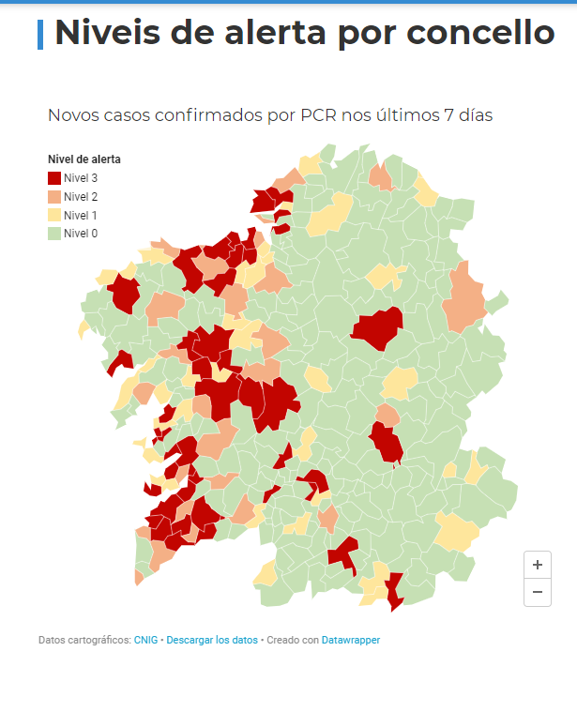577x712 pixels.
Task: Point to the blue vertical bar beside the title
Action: click(40, 34)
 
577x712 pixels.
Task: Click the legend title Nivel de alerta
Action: click(84, 159)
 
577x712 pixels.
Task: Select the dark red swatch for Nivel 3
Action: click(54, 178)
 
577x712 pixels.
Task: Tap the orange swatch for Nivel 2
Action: click(54, 197)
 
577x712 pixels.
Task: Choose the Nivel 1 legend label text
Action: click(81, 215)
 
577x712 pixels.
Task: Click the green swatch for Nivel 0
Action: click(54, 234)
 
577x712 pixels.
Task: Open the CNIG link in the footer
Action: click(146, 640)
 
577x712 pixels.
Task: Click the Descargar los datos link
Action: click(212, 640)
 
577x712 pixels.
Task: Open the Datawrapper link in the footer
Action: click(351, 640)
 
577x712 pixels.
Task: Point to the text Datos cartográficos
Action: click(84, 640)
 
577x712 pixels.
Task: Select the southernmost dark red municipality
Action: click(394, 591)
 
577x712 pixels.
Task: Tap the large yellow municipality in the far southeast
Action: click(457, 532)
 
